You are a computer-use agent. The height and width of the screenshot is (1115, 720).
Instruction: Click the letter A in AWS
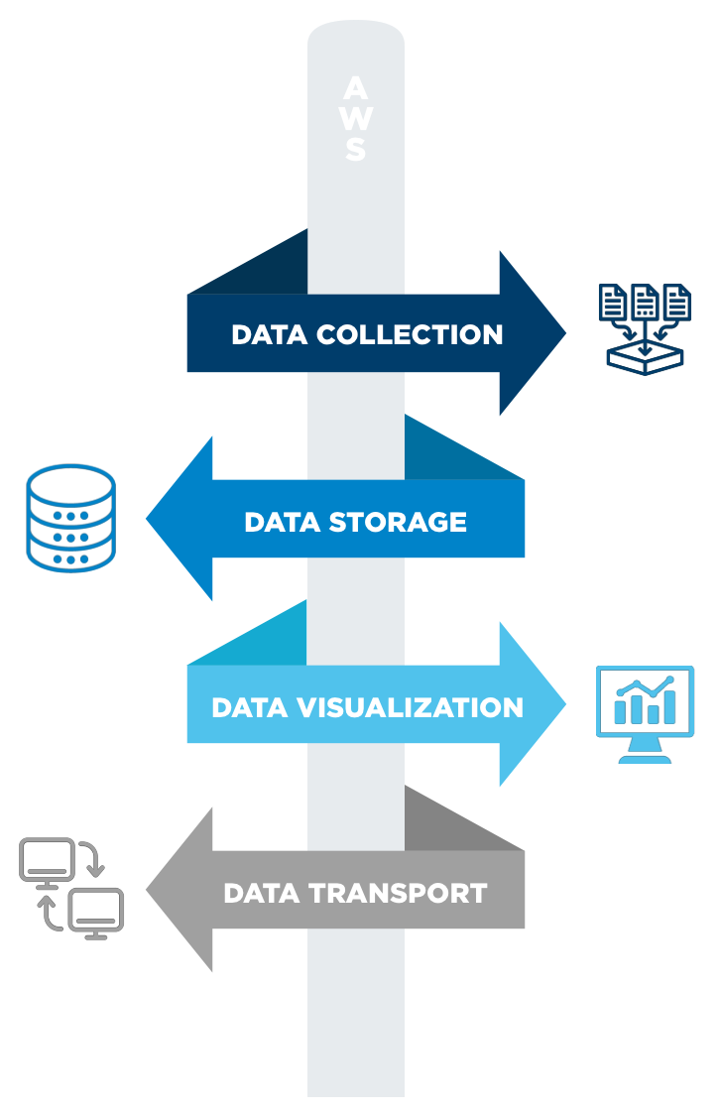[356, 88]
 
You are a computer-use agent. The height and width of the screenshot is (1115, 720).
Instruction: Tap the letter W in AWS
[356, 119]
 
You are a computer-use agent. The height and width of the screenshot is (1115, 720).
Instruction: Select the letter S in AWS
[356, 150]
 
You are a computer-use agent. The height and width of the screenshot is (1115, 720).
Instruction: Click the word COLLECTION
[410, 334]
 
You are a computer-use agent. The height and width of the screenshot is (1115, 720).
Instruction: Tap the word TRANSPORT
[397, 893]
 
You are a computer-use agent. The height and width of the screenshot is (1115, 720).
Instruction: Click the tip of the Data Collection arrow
[564, 333]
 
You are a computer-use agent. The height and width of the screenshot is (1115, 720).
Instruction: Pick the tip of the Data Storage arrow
[149, 519]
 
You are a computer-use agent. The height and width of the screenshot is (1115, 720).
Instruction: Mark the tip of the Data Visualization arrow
[564, 705]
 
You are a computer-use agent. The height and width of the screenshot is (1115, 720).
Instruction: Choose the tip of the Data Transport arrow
[149, 891]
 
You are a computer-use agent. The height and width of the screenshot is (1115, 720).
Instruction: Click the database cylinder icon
[71, 517]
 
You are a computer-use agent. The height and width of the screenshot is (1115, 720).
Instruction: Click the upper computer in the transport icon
[47, 860]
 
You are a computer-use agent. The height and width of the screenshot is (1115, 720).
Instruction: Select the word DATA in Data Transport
[254, 893]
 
